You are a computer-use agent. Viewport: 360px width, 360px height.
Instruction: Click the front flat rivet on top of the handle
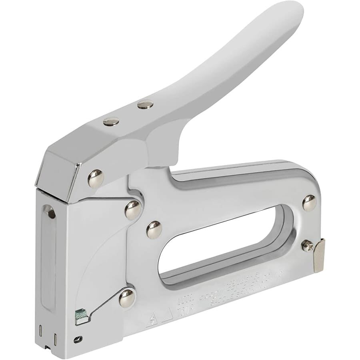pyautogui.click(x=111, y=121)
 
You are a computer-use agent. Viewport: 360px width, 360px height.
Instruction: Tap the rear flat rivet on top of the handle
pyautogui.click(x=145, y=105)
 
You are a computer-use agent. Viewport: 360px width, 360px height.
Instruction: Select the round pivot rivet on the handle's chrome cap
pyautogui.click(x=96, y=178)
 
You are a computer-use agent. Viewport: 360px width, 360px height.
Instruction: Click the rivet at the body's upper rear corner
pyautogui.click(x=309, y=203)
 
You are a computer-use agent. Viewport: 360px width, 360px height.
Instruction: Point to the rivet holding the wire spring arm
pyautogui.click(x=128, y=297)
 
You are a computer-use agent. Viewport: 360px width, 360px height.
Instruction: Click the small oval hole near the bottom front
pyautogui.click(x=78, y=339)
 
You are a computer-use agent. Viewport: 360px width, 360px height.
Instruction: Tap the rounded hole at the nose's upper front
pyautogui.click(x=50, y=212)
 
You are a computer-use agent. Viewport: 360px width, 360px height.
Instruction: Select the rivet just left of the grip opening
pyautogui.click(x=154, y=230)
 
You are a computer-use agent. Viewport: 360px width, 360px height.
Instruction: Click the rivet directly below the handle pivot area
pyautogui.click(x=132, y=210)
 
